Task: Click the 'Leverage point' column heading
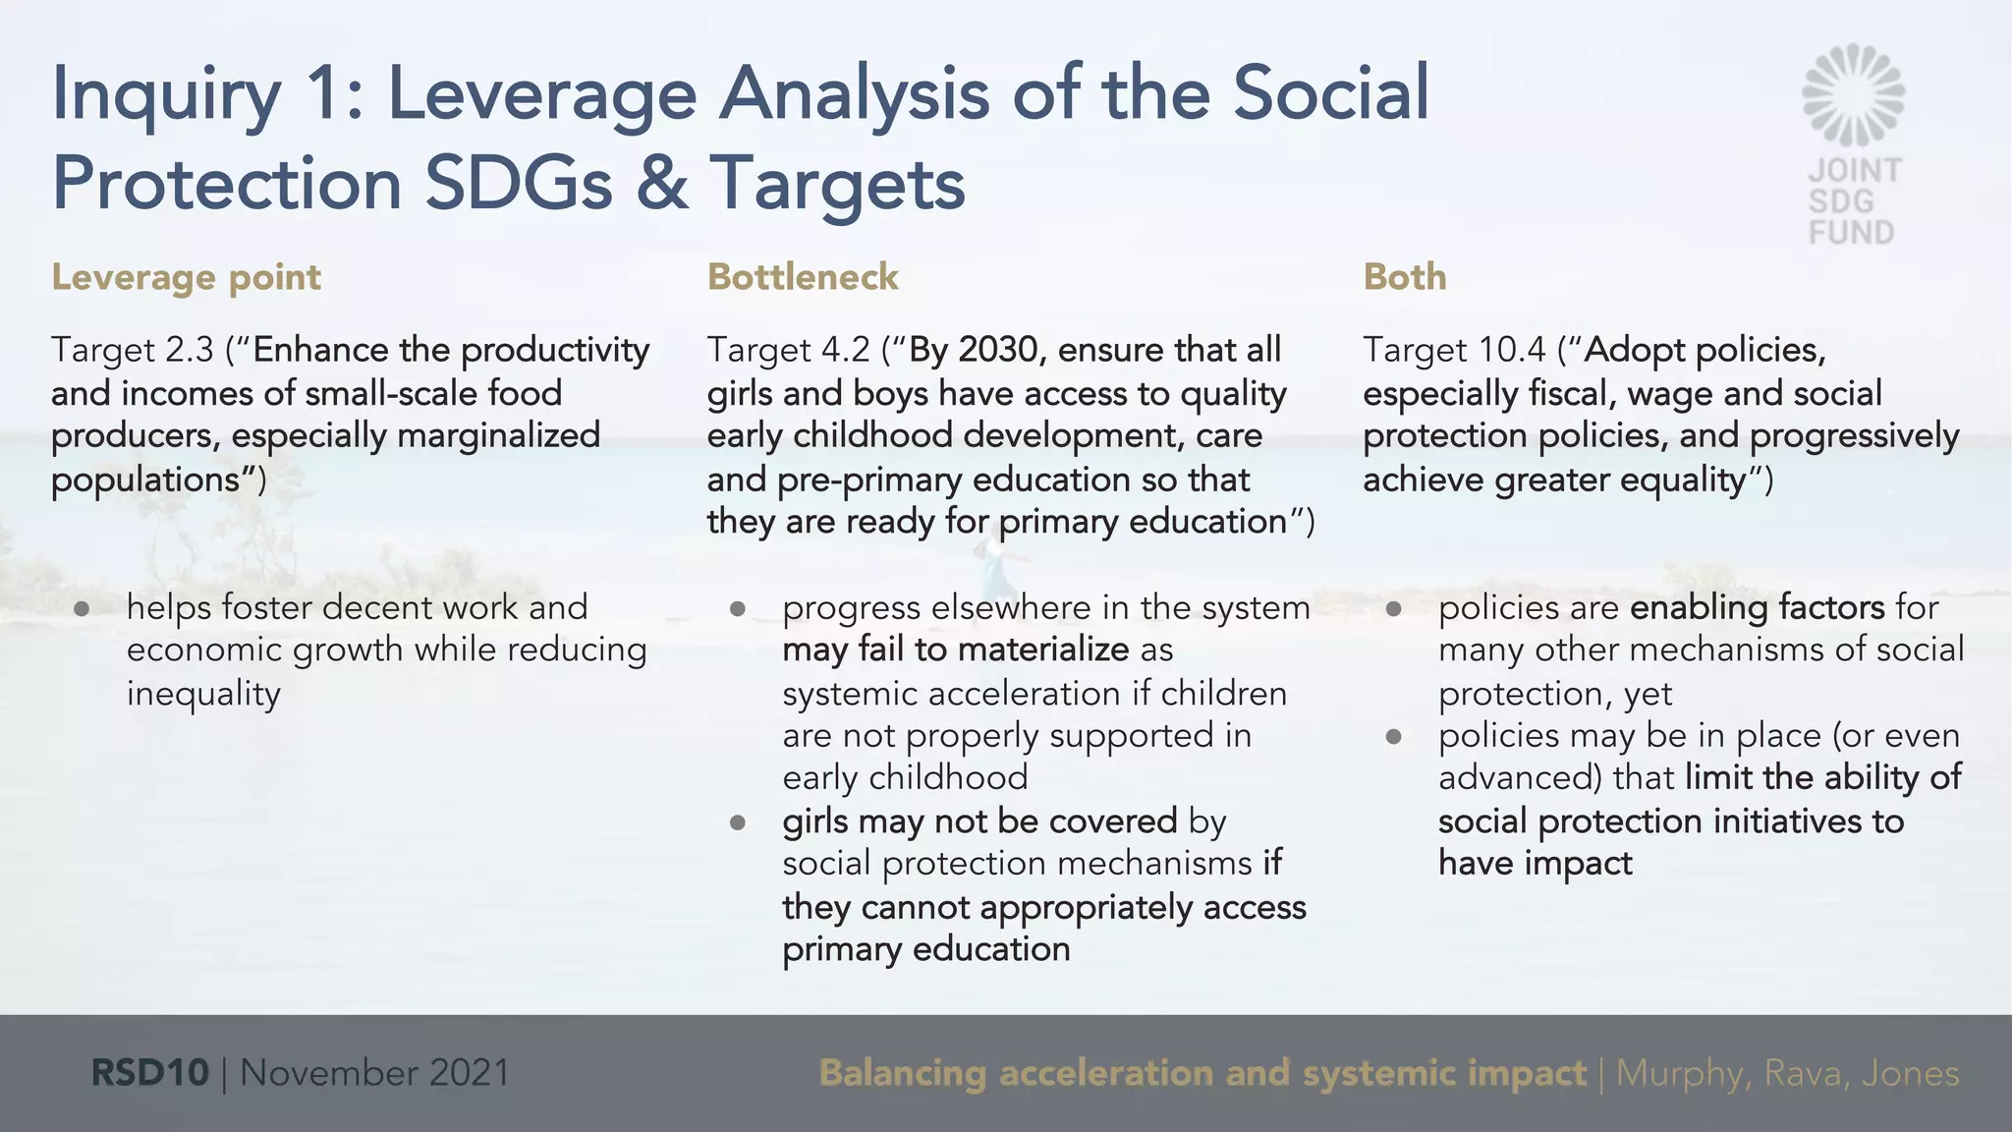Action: pos(186,277)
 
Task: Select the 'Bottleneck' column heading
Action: pos(802,277)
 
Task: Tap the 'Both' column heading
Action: pos(1404,277)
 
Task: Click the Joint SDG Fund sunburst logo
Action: pos(1853,94)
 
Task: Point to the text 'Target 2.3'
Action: pos(132,350)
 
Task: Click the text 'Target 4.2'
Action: pos(788,350)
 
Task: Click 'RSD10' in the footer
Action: pos(149,1072)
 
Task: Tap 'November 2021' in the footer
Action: pos(374,1072)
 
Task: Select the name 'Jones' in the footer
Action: pos(1910,1072)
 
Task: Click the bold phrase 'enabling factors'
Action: pos(1757,607)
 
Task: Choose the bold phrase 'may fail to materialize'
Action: pos(955,650)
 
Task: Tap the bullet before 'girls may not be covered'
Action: pos(738,822)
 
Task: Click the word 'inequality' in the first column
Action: pos(203,694)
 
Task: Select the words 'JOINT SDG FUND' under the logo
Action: pos(1853,201)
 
